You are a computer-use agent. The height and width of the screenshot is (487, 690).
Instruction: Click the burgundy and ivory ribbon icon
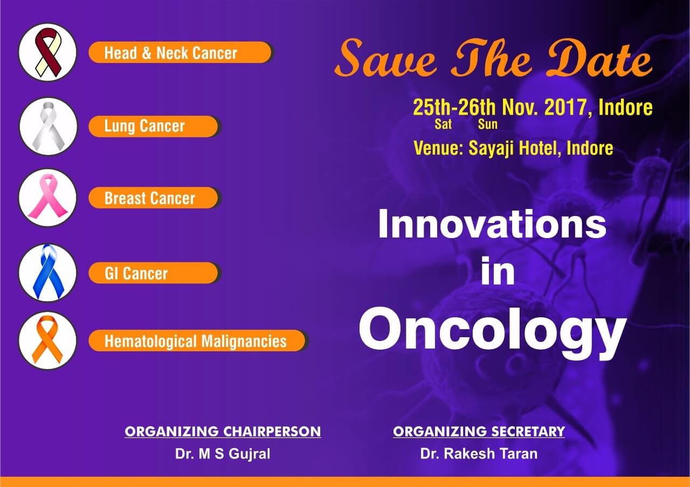coord(48,52)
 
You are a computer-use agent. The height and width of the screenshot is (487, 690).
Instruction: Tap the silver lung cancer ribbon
coord(49,126)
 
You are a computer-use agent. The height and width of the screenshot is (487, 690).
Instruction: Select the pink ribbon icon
coord(48,197)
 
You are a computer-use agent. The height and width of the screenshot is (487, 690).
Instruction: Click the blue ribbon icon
coord(48,272)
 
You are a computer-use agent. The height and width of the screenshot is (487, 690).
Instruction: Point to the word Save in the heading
coord(385,59)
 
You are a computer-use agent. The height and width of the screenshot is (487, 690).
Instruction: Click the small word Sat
coord(443,124)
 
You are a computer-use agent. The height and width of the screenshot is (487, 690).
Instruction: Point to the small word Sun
coord(488,124)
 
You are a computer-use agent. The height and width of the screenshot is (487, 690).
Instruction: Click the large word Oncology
coord(493,332)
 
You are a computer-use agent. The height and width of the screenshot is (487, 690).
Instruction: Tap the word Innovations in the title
coord(492,224)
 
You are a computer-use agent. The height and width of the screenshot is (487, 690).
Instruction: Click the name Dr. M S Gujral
coord(223,454)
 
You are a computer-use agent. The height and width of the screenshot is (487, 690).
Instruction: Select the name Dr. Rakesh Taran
coord(479,454)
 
